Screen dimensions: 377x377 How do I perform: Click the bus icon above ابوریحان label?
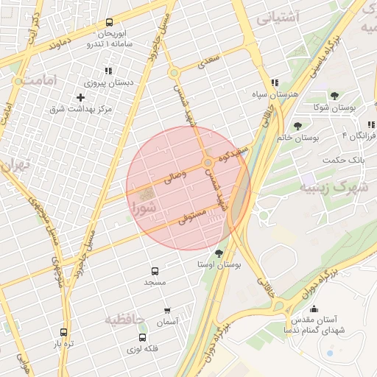pos(110,23)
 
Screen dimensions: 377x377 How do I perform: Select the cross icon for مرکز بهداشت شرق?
pos(80,98)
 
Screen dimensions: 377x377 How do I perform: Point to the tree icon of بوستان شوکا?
pos(334,96)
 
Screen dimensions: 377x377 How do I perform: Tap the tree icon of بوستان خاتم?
pos(297,126)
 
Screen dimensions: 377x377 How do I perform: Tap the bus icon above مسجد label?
pos(155,271)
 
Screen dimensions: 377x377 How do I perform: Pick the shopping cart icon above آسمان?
pos(168,310)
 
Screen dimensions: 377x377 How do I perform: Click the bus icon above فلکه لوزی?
pos(142,337)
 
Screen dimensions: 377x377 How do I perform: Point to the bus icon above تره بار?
pos(64,333)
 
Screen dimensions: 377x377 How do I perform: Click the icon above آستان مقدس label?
pos(314,309)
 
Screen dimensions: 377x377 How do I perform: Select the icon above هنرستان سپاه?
pos(275,83)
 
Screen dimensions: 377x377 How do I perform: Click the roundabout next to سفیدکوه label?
pos(209,162)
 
